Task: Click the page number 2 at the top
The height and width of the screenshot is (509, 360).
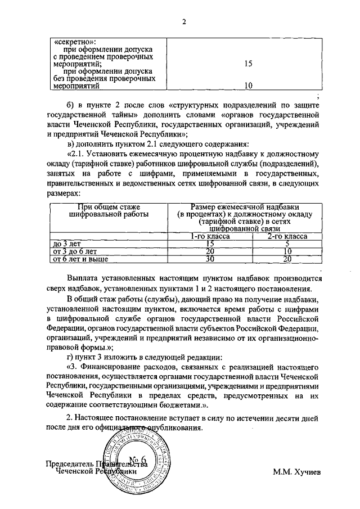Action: click(183, 22)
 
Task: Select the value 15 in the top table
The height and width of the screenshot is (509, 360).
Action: click(248, 64)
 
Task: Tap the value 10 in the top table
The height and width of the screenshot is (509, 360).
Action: click(248, 86)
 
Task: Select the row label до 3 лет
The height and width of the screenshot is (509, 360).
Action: click(66, 244)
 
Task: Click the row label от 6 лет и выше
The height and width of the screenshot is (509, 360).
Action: click(80, 259)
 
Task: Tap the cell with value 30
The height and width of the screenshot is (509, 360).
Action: click(210, 259)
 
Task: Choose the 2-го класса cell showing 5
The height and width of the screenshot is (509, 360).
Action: click(287, 244)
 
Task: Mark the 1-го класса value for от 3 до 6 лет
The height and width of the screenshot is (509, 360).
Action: click(210, 251)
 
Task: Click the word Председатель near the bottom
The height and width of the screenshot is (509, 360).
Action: click(71, 464)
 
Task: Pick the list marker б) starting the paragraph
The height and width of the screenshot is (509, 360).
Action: click(71, 106)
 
